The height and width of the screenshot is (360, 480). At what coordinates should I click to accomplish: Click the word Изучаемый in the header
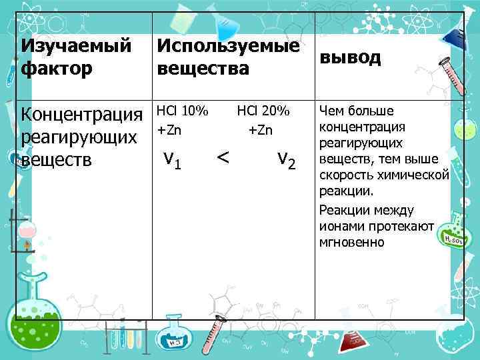coord(75,47)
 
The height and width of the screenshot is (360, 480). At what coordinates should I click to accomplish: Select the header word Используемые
coord(228,47)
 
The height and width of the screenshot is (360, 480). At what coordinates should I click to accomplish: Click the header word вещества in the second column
coord(203,68)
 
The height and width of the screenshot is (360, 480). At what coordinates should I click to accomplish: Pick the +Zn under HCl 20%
coord(261,130)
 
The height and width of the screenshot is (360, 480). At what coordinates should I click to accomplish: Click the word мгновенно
coord(351,242)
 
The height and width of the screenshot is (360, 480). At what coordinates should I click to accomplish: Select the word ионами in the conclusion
coord(341,226)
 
